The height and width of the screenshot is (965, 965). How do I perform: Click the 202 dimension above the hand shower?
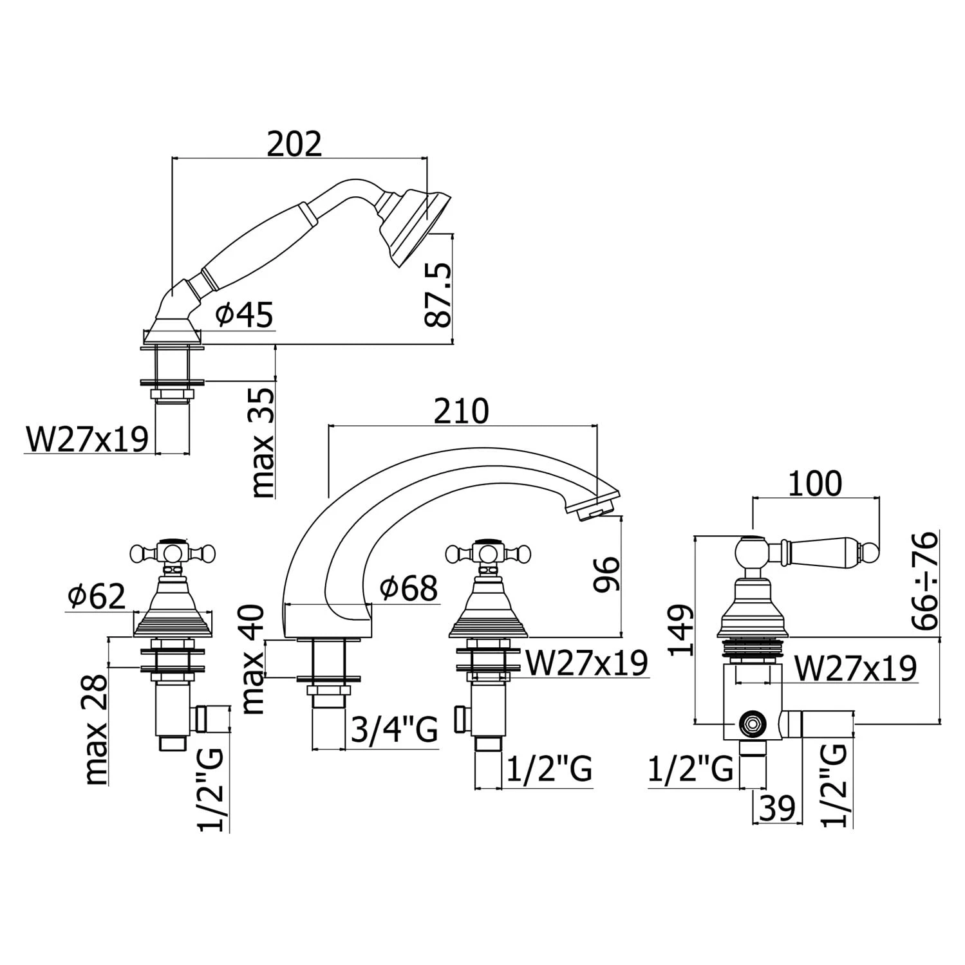(294, 144)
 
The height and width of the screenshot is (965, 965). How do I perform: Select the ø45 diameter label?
(245, 315)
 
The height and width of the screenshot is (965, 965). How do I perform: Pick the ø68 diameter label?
(408, 587)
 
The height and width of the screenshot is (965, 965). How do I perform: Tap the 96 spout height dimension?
(606, 574)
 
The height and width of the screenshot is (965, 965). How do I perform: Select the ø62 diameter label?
(97, 597)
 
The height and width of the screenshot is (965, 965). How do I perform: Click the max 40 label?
(255, 659)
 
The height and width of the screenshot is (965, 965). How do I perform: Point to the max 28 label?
(96, 730)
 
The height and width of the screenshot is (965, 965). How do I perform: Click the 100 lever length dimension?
(814, 484)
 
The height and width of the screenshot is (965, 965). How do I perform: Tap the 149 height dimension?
(681, 629)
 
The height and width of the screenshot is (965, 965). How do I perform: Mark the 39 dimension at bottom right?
(777, 808)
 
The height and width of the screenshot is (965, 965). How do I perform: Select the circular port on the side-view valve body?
(750, 723)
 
